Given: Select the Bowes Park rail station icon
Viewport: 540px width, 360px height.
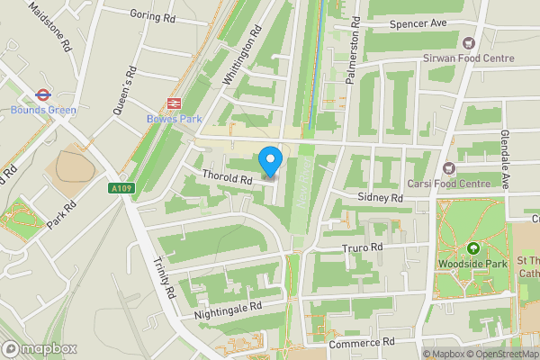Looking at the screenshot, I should [x=174, y=103].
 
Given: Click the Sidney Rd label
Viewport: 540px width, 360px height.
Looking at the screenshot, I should [x=379, y=197].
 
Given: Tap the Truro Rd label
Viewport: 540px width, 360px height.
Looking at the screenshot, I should [x=363, y=247].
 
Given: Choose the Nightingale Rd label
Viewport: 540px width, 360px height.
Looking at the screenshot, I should [x=227, y=311].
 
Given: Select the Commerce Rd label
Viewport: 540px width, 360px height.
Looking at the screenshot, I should [x=363, y=343].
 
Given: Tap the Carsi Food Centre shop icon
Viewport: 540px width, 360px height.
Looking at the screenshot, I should [x=447, y=168].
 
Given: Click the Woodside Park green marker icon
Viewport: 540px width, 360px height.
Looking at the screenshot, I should [x=473, y=248].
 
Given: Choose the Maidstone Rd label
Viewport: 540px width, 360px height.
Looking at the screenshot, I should [x=49, y=27].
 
